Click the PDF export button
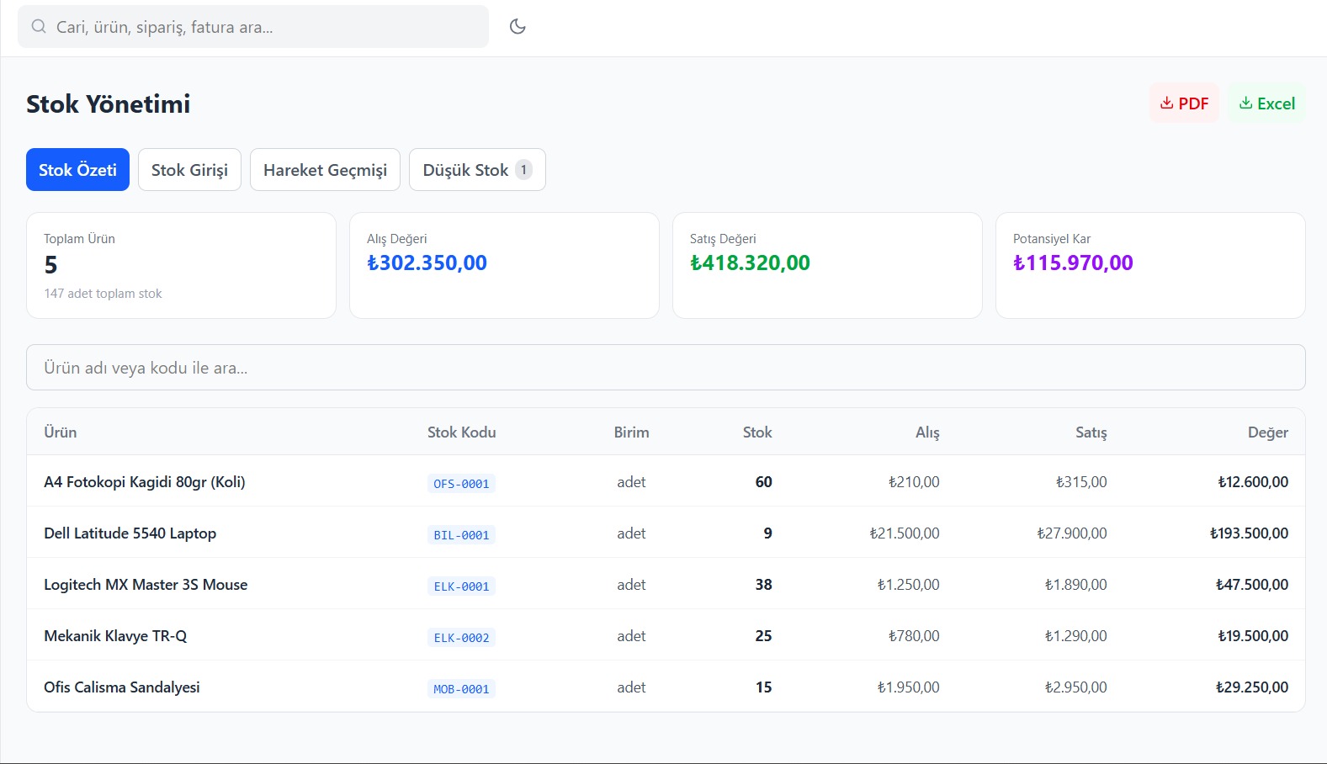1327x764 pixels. [1184, 103]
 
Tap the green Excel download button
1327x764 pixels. [1267, 103]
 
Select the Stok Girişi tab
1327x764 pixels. [189, 170]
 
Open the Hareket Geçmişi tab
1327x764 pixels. [326, 170]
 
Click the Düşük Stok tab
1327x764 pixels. [477, 170]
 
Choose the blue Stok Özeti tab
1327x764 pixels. [77, 170]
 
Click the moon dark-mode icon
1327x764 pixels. [518, 27]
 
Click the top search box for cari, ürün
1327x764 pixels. [253, 27]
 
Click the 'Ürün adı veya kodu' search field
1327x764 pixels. [666, 367]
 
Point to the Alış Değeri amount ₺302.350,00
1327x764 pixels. [427, 263]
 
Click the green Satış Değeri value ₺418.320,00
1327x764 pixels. [750, 263]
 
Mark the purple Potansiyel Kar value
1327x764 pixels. [1073, 263]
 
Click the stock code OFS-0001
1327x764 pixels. [461, 484]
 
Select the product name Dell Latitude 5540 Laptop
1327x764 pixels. [130, 533]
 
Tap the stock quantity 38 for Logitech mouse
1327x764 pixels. [763, 585]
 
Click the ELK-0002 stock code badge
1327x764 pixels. [461, 638]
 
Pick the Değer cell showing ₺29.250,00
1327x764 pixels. [1252, 687]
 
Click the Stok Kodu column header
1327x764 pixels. [461, 432]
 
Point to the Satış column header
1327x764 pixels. [1091, 432]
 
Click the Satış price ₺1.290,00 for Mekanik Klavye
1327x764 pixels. [1075, 636]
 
